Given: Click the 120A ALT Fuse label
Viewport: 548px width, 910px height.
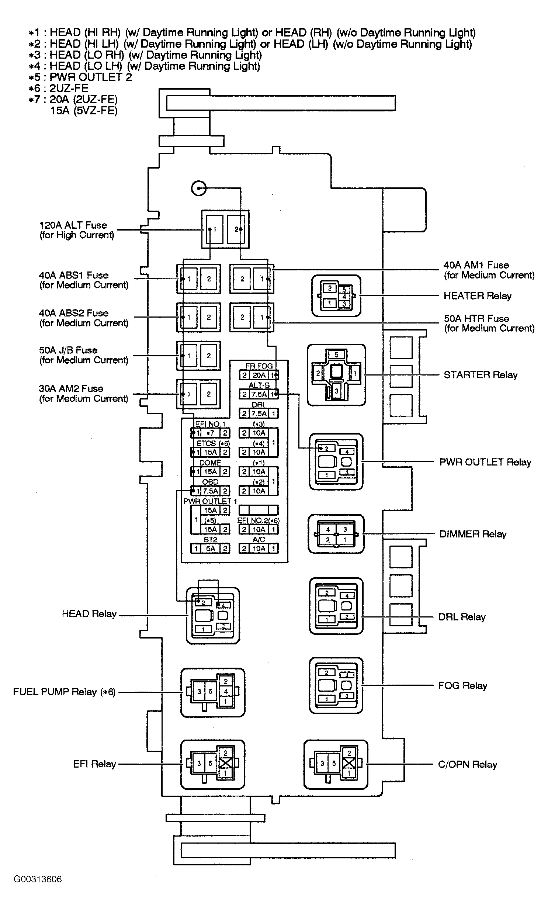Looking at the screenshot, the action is (x=76, y=230).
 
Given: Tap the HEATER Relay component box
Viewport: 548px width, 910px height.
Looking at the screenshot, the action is (x=336, y=296).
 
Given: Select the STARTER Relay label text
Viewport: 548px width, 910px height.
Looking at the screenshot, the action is (x=481, y=375).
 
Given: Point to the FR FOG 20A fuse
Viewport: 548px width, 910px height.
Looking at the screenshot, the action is (x=259, y=375).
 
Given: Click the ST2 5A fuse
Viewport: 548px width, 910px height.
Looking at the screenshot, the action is (x=210, y=549).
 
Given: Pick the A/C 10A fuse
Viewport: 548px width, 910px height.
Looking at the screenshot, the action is (x=259, y=549).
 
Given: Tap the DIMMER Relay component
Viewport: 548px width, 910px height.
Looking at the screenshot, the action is (x=336, y=534).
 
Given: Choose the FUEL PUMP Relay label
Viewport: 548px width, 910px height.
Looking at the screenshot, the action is (x=64, y=692).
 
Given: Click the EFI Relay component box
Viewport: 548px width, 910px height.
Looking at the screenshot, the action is (x=213, y=765).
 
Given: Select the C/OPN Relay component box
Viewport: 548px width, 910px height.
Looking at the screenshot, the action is (x=336, y=765).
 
